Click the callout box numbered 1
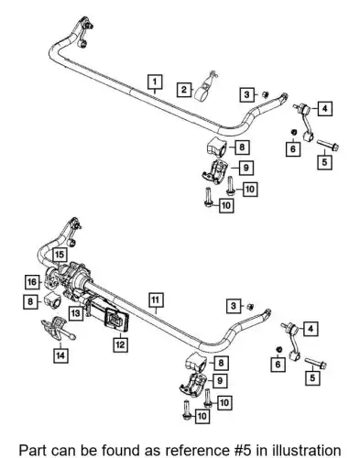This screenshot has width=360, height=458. pyautogui.click(x=155, y=82)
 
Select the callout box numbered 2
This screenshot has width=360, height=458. pyautogui.click(x=184, y=90)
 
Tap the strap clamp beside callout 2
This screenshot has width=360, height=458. pyautogui.click(x=205, y=87)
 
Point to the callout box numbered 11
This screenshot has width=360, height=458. pyautogui.click(x=156, y=300)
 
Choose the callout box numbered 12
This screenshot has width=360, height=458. pyautogui.click(x=120, y=344)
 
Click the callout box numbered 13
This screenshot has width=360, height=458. pyautogui.click(x=76, y=313)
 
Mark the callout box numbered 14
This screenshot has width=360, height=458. pyautogui.click(x=60, y=355)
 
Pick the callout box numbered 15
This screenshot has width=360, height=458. pyautogui.click(x=60, y=255)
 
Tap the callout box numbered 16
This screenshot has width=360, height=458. pyautogui.click(x=32, y=282)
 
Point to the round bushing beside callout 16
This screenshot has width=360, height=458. pyautogui.click(x=50, y=278)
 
